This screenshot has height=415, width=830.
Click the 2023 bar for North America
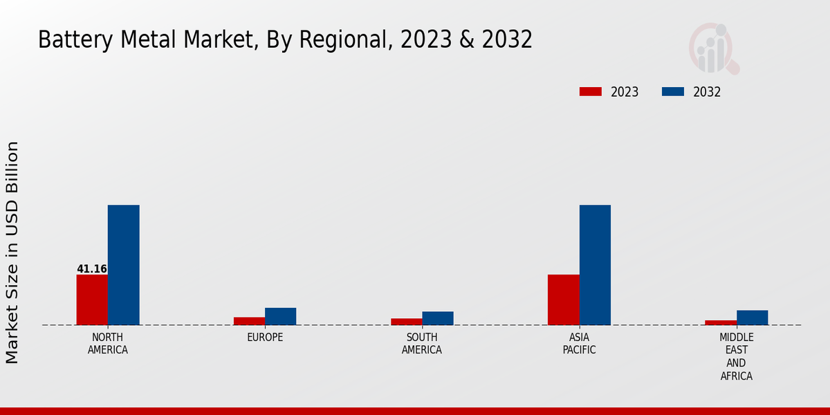click(92, 299)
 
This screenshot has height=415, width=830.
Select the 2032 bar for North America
click(123, 265)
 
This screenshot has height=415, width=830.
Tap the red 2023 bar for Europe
click(249, 321)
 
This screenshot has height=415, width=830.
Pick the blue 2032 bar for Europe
click(280, 316)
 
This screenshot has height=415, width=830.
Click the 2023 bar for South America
click(406, 322)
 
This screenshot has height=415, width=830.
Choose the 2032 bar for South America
click(438, 318)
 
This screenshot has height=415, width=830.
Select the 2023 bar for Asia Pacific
click(563, 299)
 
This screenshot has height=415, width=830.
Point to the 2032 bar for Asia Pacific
click(595, 265)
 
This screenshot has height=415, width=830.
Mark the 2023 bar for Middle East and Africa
click(721, 322)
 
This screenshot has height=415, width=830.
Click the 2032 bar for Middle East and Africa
click(752, 317)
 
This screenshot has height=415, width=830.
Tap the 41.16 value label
click(92, 269)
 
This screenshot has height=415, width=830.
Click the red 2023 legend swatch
click(590, 92)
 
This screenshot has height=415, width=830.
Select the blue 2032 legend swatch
click(673, 92)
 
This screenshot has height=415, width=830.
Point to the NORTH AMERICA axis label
click(108, 344)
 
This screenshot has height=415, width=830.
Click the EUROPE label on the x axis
click(265, 338)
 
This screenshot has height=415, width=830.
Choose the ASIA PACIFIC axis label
click(580, 344)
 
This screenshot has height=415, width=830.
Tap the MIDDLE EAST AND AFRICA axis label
click(736, 357)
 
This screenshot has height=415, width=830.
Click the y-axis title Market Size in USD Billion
click(12, 252)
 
